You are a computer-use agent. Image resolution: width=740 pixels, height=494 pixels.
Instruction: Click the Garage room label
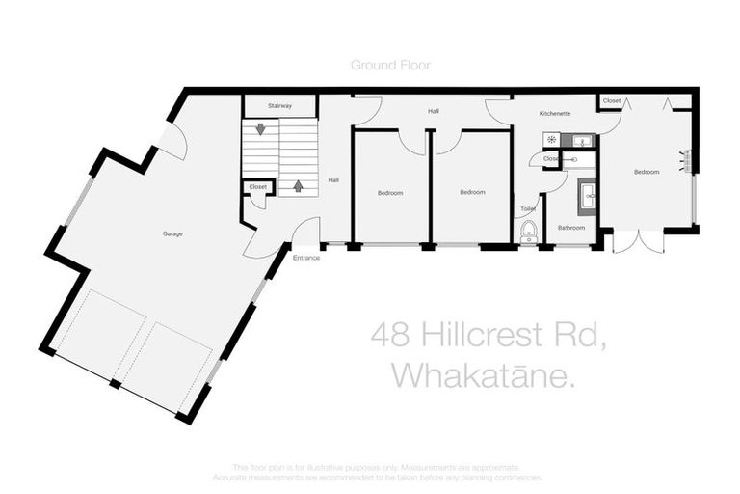coord(172,233)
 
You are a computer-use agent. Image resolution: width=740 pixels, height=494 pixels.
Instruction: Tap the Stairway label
coord(279,105)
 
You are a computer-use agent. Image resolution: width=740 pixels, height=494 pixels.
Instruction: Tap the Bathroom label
coord(571,228)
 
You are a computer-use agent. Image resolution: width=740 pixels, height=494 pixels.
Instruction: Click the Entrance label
coord(306,258)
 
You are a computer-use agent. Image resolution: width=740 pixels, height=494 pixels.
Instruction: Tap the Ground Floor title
coord(390,65)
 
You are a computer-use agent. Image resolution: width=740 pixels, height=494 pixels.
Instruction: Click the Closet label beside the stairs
coord(257,187)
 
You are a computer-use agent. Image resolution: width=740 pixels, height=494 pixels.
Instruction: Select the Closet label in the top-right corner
coord(611,100)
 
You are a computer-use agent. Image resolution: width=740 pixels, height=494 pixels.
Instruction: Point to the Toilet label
coord(528,208)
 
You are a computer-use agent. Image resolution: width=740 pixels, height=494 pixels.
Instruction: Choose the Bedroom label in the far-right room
coord(646,172)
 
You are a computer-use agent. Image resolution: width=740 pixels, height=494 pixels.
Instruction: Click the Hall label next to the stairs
coord(333,179)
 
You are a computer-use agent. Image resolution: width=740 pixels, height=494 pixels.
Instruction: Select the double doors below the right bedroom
coord(638,240)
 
